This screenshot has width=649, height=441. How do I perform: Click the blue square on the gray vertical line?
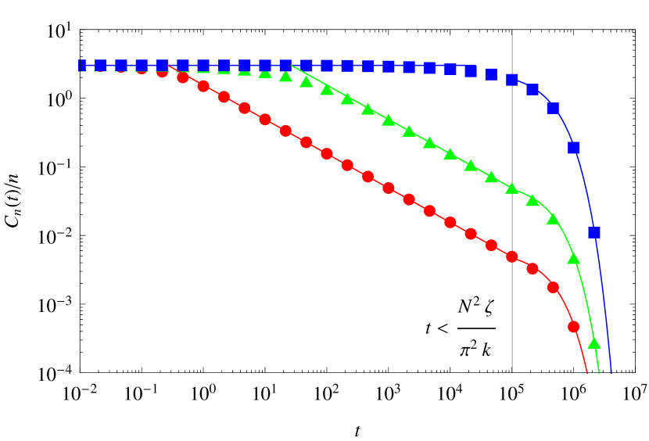coord(512,79)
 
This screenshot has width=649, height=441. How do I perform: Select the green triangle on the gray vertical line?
coord(512,188)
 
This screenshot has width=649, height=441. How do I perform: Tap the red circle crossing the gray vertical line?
coord(512,256)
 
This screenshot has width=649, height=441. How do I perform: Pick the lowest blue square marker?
coord(594,232)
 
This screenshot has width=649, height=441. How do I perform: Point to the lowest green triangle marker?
coord(594,342)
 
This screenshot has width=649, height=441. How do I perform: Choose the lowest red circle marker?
coord(574,326)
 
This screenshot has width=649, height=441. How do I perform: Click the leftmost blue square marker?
coord(80,66)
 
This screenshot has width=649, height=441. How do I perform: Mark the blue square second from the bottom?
coord(574,148)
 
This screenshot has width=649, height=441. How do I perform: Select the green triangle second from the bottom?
coord(574,258)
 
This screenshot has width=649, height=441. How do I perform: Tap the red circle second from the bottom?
coord(554,287)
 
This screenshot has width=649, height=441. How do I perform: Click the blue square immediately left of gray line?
coord(491,74)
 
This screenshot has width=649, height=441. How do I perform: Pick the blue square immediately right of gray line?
coord(532,89)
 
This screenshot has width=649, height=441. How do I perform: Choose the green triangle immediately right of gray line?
coord(532,200)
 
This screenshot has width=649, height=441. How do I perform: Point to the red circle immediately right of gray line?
coord(532,268)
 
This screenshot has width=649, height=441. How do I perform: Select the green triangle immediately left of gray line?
coord(491,177)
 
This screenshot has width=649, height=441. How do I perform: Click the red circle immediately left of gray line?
coord(491,245)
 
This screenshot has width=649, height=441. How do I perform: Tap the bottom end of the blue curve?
coord(611,372)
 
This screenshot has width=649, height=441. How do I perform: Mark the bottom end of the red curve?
coord(586,372)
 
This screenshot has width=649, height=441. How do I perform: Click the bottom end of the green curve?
coord(599,372)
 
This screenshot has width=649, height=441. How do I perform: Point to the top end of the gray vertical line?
coord(512,31)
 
